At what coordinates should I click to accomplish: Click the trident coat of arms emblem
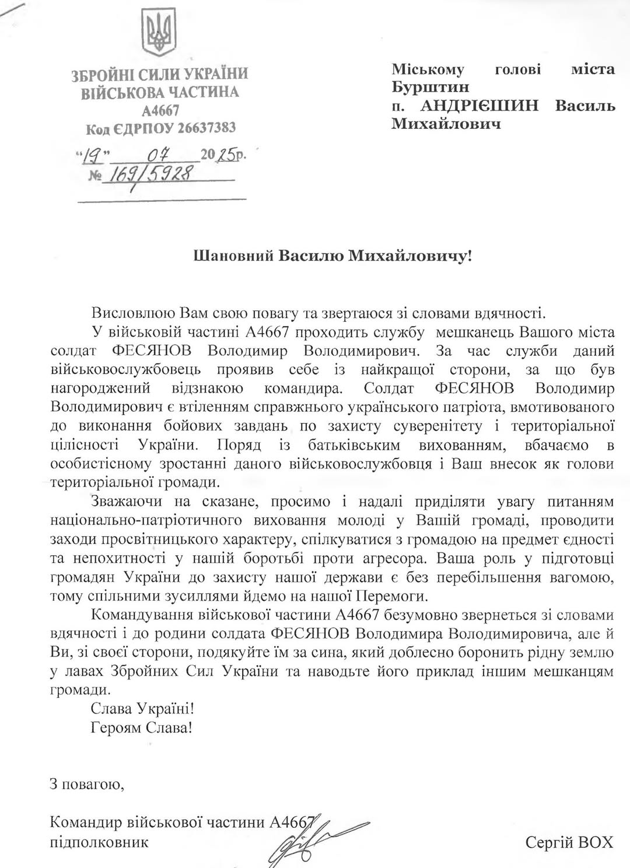(x=160, y=33)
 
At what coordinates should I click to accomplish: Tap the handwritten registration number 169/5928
(x=149, y=174)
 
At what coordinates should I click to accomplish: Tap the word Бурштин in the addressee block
(x=430, y=87)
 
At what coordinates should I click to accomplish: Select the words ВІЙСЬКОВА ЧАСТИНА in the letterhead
(x=159, y=92)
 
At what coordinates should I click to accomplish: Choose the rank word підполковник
(x=99, y=842)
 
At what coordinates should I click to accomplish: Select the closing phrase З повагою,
(x=87, y=784)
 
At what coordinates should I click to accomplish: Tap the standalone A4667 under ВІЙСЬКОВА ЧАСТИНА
(x=160, y=110)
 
